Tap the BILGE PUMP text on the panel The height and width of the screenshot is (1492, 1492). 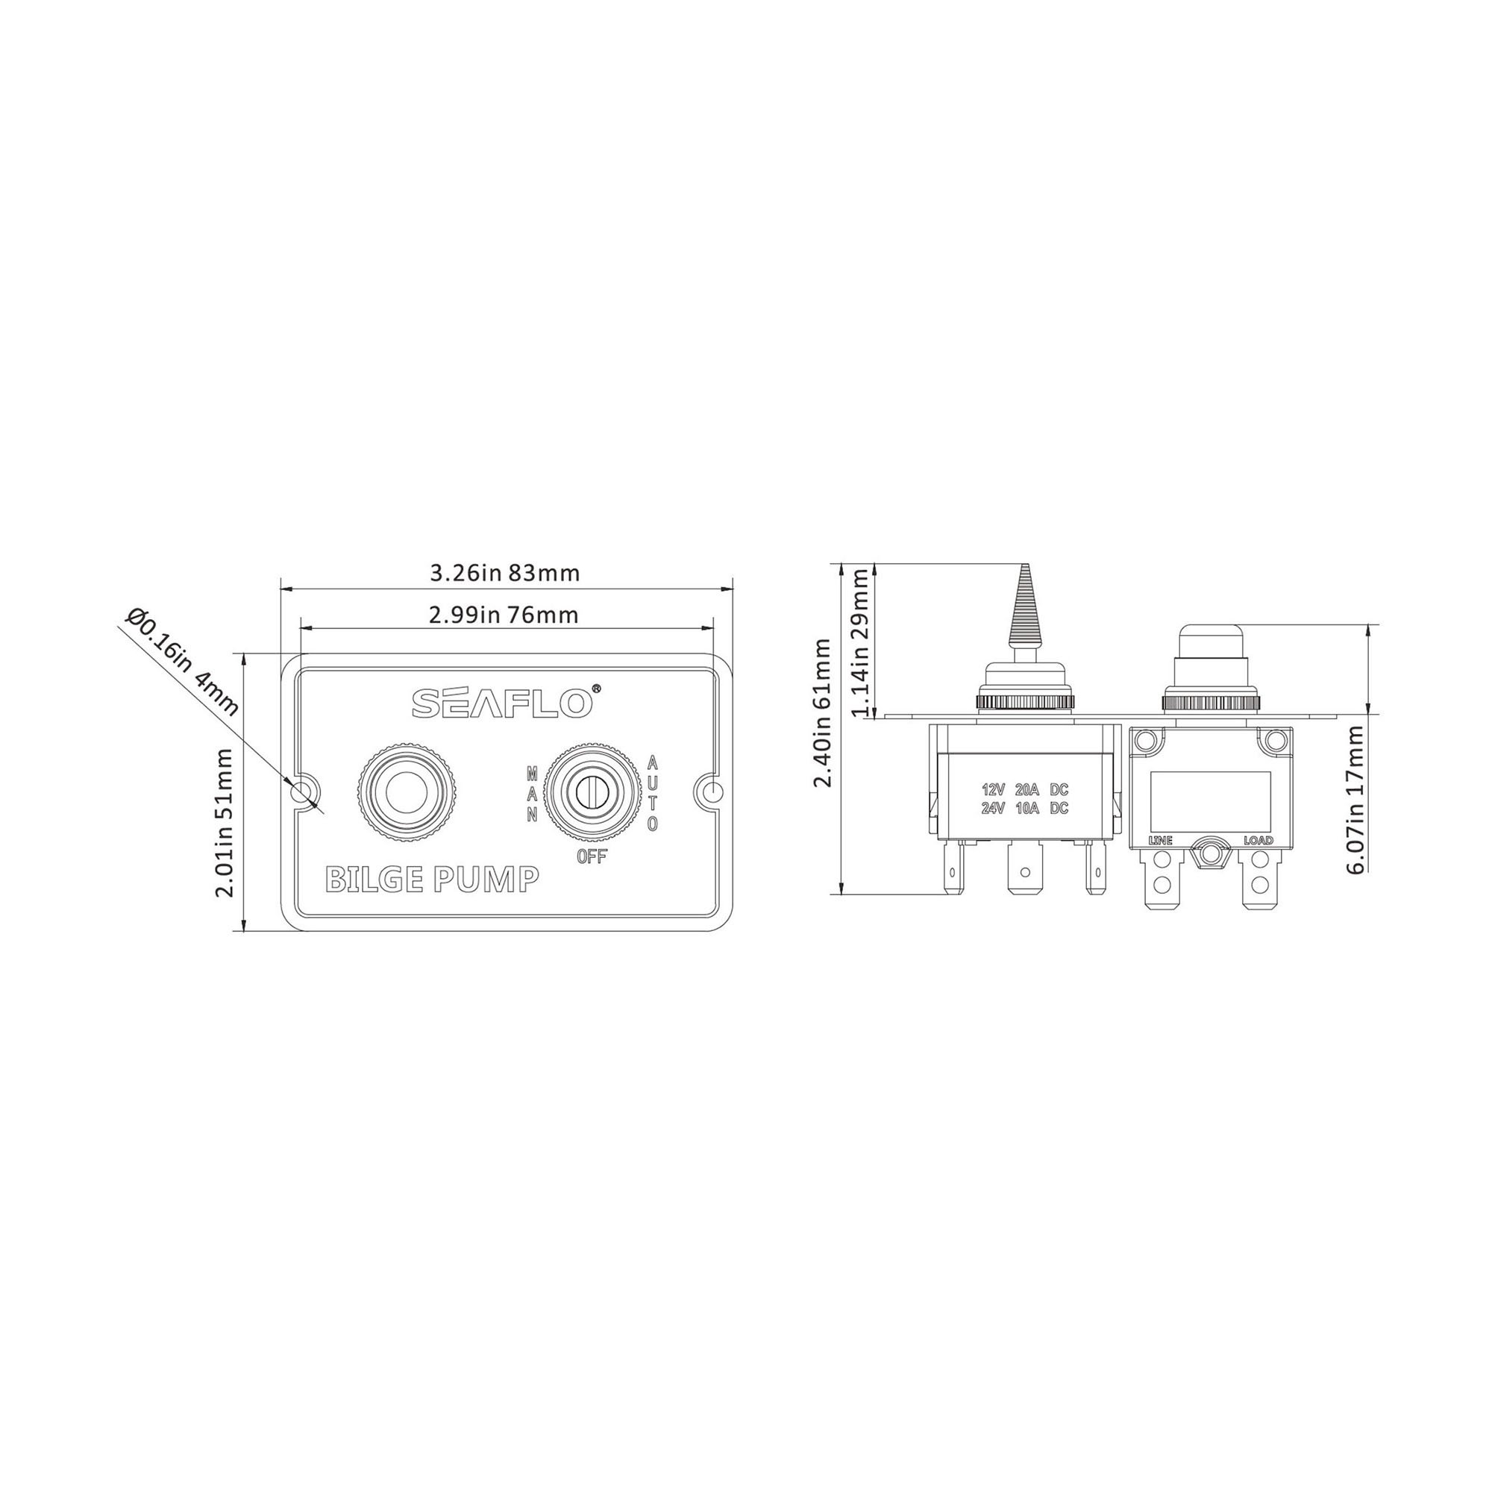(x=432, y=879)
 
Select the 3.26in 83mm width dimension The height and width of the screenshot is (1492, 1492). (x=504, y=573)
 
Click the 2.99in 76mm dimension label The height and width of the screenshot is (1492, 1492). (x=504, y=615)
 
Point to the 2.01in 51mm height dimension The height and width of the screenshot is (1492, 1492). (x=225, y=821)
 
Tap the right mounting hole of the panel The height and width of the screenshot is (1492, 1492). (x=712, y=792)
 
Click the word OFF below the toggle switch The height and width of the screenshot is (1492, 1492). (x=592, y=856)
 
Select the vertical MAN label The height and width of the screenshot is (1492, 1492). (x=532, y=794)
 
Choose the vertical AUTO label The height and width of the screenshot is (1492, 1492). (x=653, y=793)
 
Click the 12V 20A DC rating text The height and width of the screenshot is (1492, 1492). (x=1025, y=790)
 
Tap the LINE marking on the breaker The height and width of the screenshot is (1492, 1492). (x=1161, y=840)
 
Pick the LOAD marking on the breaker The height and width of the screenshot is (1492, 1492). (x=1258, y=840)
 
